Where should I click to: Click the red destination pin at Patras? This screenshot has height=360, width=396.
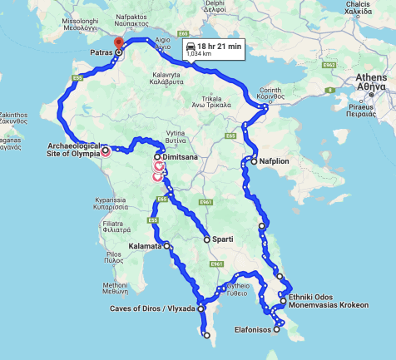[118, 43]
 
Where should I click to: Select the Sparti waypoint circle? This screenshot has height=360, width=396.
[206, 239]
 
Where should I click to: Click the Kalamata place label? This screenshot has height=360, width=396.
[146, 246]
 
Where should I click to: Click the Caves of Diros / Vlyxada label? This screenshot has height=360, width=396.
[152, 308]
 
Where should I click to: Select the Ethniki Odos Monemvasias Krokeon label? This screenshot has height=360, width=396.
[329, 301]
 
